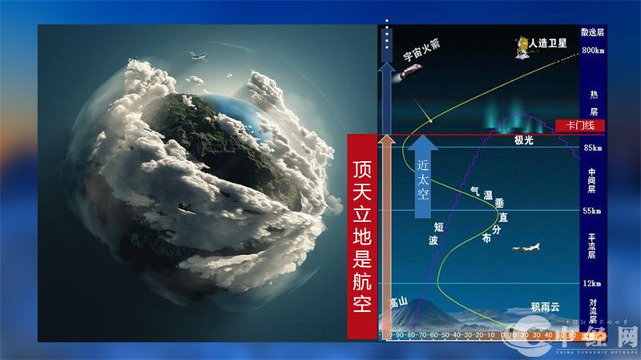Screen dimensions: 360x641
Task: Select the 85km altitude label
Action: click(592, 148)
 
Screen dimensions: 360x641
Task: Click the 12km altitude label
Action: click(592, 284)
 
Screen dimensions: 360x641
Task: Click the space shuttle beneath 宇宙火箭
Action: click(413, 71)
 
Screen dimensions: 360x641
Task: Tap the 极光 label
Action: click(525, 140)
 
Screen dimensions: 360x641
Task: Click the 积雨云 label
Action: click(545, 307)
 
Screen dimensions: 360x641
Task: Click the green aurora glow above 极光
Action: click(521, 120)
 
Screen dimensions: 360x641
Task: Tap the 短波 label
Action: click(437, 233)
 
